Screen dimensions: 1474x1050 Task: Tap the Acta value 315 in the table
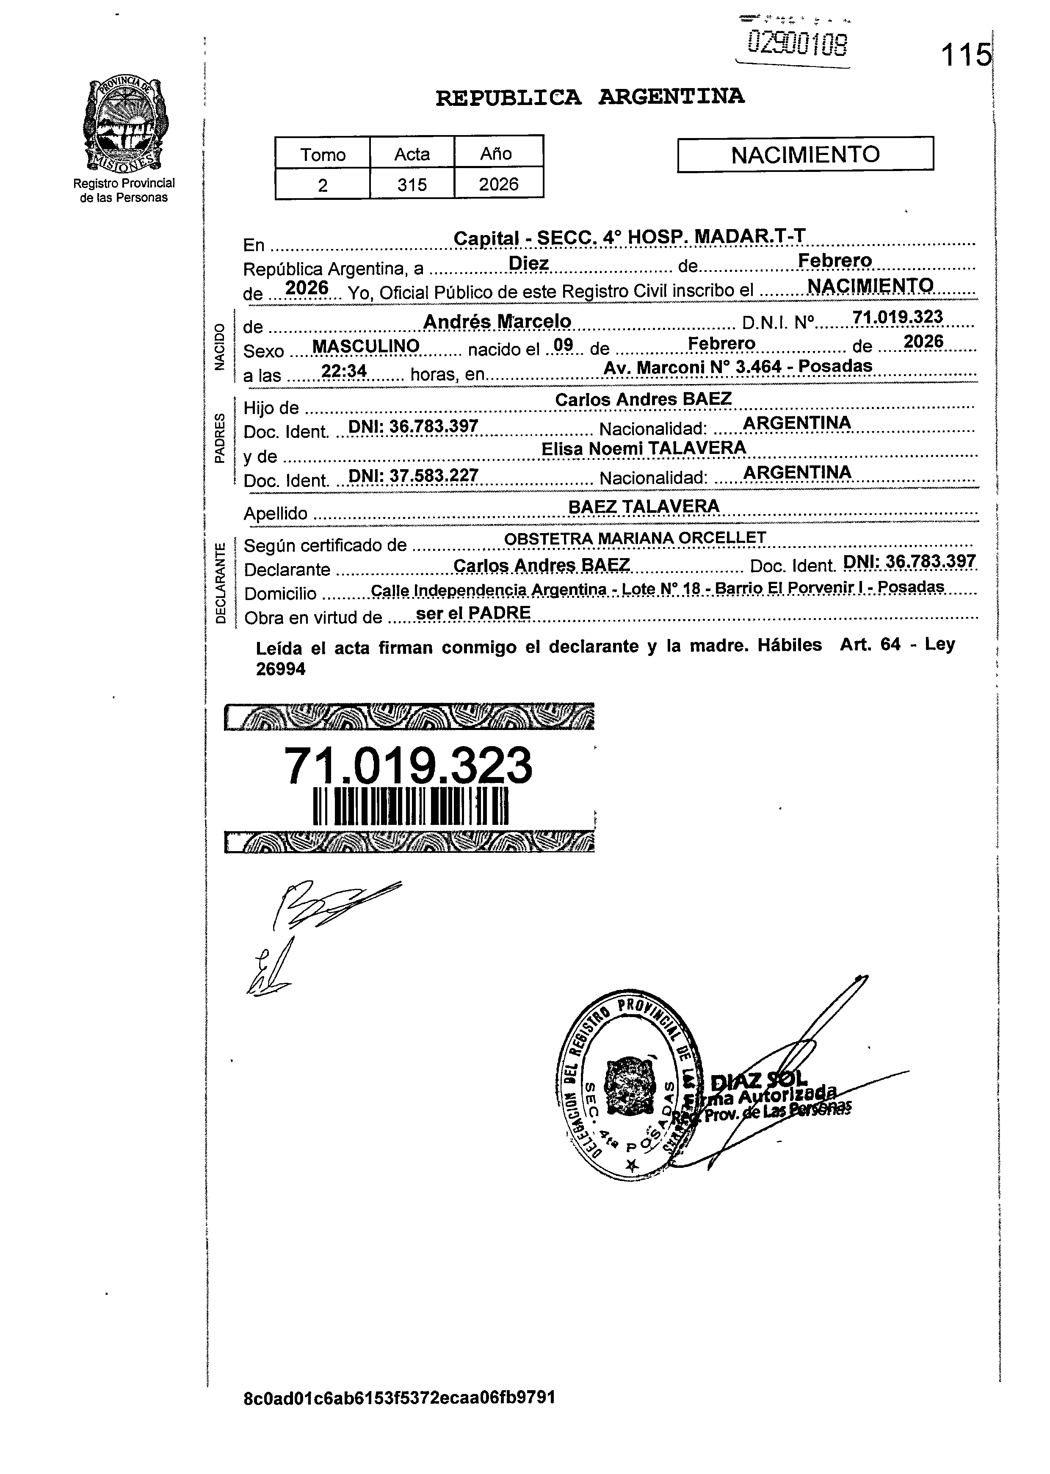412,185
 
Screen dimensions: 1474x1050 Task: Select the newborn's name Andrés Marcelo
497,321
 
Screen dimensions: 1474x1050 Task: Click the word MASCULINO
365,346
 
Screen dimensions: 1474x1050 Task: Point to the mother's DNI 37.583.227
413,476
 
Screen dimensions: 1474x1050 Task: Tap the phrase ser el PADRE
473,613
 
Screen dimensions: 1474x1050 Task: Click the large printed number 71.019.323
408,766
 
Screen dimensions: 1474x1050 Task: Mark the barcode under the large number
411,807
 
